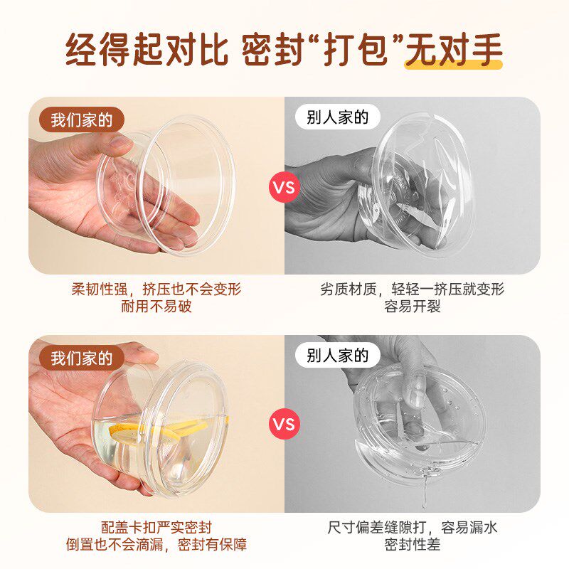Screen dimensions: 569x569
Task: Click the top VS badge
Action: coord(284,188)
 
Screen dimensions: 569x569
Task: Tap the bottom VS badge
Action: coord(284,425)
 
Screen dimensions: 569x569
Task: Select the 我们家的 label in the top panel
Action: coord(82,119)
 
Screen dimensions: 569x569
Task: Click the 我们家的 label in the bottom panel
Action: coord(82,357)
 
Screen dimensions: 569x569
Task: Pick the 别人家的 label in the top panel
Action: coord(338,118)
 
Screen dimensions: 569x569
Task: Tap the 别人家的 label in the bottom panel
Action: coord(338,355)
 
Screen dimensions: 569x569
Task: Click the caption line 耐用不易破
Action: coord(156,307)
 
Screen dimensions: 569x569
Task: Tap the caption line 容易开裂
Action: coord(413,307)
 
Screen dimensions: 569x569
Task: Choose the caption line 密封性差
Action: coord(413,546)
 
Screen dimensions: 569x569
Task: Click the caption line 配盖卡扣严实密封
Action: coord(156,528)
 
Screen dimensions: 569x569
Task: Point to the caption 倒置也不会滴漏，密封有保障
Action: coord(156,546)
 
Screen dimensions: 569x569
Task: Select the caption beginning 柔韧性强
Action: coord(156,289)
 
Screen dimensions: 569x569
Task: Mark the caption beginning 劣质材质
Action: coord(413,289)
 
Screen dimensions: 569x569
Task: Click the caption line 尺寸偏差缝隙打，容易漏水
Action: coord(413,528)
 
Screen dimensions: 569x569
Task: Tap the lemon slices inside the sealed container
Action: coord(178,430)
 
